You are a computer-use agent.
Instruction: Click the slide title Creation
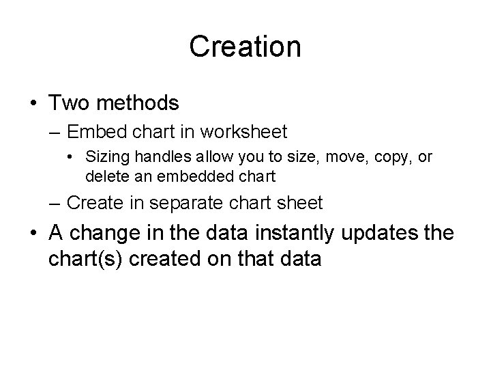point(245,47)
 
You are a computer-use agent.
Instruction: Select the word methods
point(138,103)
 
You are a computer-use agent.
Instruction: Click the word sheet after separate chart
point(303,203)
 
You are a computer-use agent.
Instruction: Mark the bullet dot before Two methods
point(33,104)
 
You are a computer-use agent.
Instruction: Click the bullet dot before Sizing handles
point(72,158)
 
